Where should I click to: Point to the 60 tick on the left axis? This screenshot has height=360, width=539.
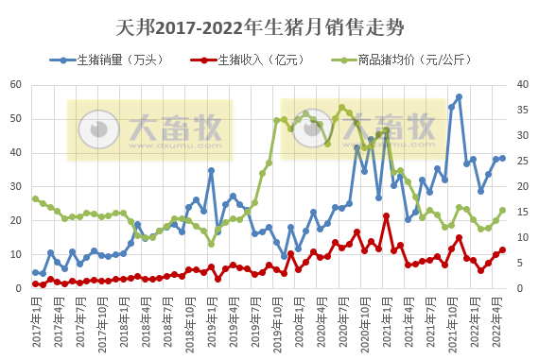[17, 85]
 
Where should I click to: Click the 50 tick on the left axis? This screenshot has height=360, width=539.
[17, 119]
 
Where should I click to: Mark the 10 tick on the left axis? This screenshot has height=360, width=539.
[17, 254]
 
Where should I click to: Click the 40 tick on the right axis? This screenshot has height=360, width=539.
[519, 85]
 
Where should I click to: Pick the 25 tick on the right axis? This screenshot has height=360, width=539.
[519, 162]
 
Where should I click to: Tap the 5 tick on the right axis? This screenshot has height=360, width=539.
[522, 263]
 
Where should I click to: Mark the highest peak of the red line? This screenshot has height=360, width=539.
[386, 215]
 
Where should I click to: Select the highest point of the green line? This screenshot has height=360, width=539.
[341, 108]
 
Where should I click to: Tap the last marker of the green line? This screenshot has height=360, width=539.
[503, 211]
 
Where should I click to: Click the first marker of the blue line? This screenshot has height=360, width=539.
[35, 272]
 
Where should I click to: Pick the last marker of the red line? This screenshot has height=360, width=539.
[503, 249]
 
